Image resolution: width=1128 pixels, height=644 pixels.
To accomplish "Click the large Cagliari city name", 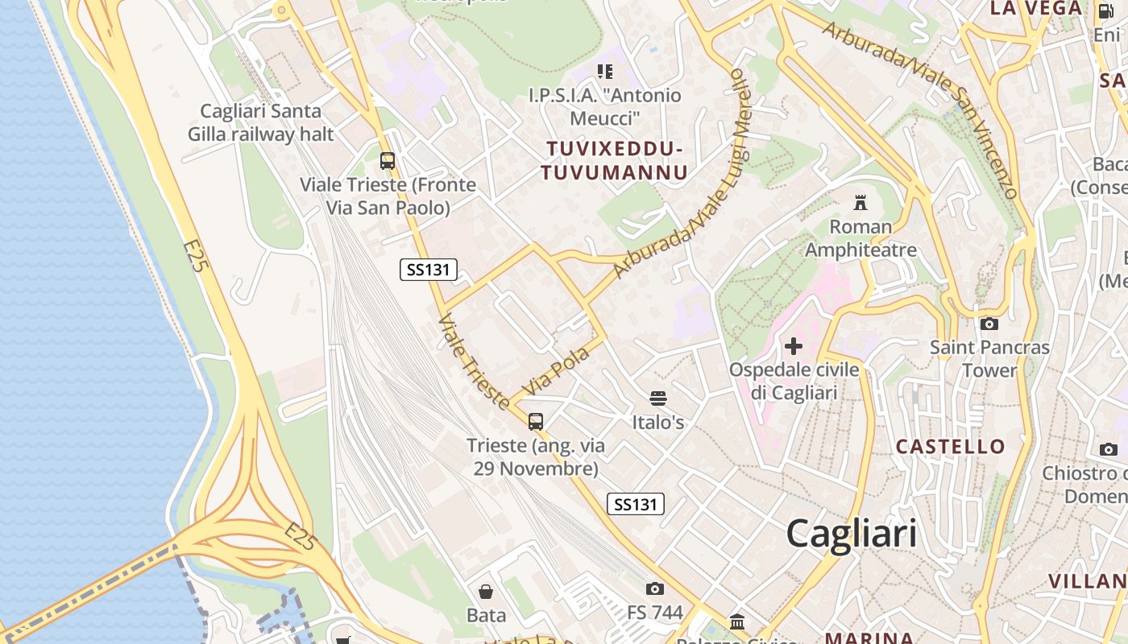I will [x=851, y=534].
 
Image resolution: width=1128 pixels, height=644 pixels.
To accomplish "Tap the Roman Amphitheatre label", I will [x=861, y=238].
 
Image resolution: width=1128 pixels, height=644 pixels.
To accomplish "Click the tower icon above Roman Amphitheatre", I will [x=861, y=202].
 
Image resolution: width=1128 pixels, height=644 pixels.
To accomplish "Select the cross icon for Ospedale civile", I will [x=794, y=346].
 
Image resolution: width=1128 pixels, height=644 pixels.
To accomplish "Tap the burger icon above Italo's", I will [x=658, y=398].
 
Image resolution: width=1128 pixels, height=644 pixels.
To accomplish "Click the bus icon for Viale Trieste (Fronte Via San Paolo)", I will [x=388, y=160].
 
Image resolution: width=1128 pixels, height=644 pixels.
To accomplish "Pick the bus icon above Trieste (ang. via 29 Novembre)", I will [x=536, y=421].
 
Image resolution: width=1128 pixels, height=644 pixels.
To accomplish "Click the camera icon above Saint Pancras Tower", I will [x=989, y=324].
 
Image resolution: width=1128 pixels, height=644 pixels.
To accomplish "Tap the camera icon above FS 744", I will [x=655, y=588].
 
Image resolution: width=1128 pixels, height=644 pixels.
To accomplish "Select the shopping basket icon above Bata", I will [x=487, y=592].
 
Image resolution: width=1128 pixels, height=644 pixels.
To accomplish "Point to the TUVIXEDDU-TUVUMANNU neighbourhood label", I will [x=614, y=161].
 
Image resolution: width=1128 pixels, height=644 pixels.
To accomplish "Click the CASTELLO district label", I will [x=951, y=447].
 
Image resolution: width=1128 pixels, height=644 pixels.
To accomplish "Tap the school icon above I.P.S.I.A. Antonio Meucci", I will [x=604, y=72].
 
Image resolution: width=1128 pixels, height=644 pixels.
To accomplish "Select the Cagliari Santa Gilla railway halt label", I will [x=260, y=122].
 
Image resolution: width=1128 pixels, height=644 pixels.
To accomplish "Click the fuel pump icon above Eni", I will [x=1105, y=11].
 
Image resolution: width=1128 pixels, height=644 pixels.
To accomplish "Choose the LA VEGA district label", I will [x=1036, y=9].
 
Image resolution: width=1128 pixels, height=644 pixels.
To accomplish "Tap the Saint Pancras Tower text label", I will [x=989, y=359].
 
